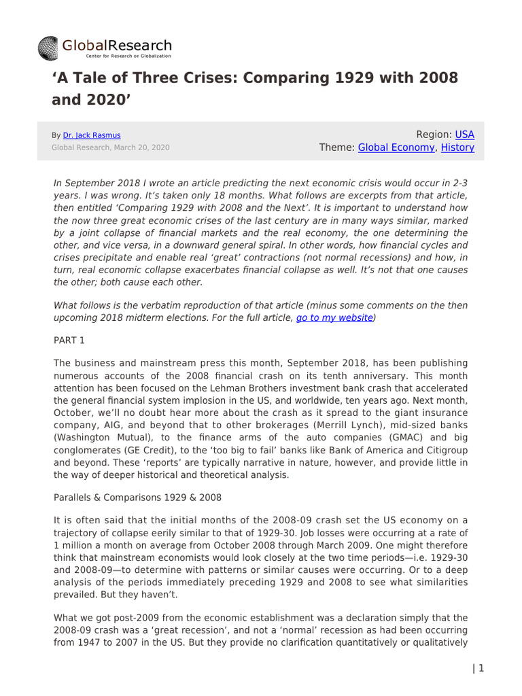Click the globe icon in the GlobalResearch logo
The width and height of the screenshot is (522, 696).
[49, 48]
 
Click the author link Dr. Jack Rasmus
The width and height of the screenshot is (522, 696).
[91, 135]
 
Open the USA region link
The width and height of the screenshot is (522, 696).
[464, 135]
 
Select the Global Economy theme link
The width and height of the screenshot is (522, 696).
[396, 147]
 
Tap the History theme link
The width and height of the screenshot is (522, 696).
[457, 147]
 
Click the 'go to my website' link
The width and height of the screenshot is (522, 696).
[334, 317]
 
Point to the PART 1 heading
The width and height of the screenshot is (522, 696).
[69, 338]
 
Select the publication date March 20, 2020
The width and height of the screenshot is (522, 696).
[143, 147]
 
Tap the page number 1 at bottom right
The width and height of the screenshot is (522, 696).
[481, 668]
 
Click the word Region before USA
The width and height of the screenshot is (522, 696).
[433, 135]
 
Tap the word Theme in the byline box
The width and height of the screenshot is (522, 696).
[336, 147]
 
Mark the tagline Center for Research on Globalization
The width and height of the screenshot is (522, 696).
[117, 56]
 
